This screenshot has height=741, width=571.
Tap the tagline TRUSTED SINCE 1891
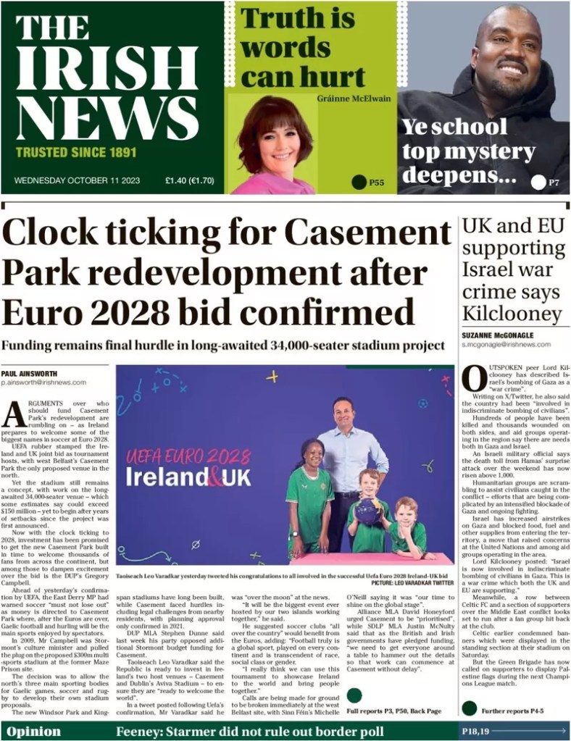76,153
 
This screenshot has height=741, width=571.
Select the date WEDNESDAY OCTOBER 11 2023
78,182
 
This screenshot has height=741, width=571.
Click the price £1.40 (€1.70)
191,182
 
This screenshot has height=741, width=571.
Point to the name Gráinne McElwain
353,99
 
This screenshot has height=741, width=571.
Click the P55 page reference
376,183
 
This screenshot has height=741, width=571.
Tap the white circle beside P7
538,183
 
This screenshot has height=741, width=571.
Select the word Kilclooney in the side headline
511,314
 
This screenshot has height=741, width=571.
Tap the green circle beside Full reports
354,696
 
